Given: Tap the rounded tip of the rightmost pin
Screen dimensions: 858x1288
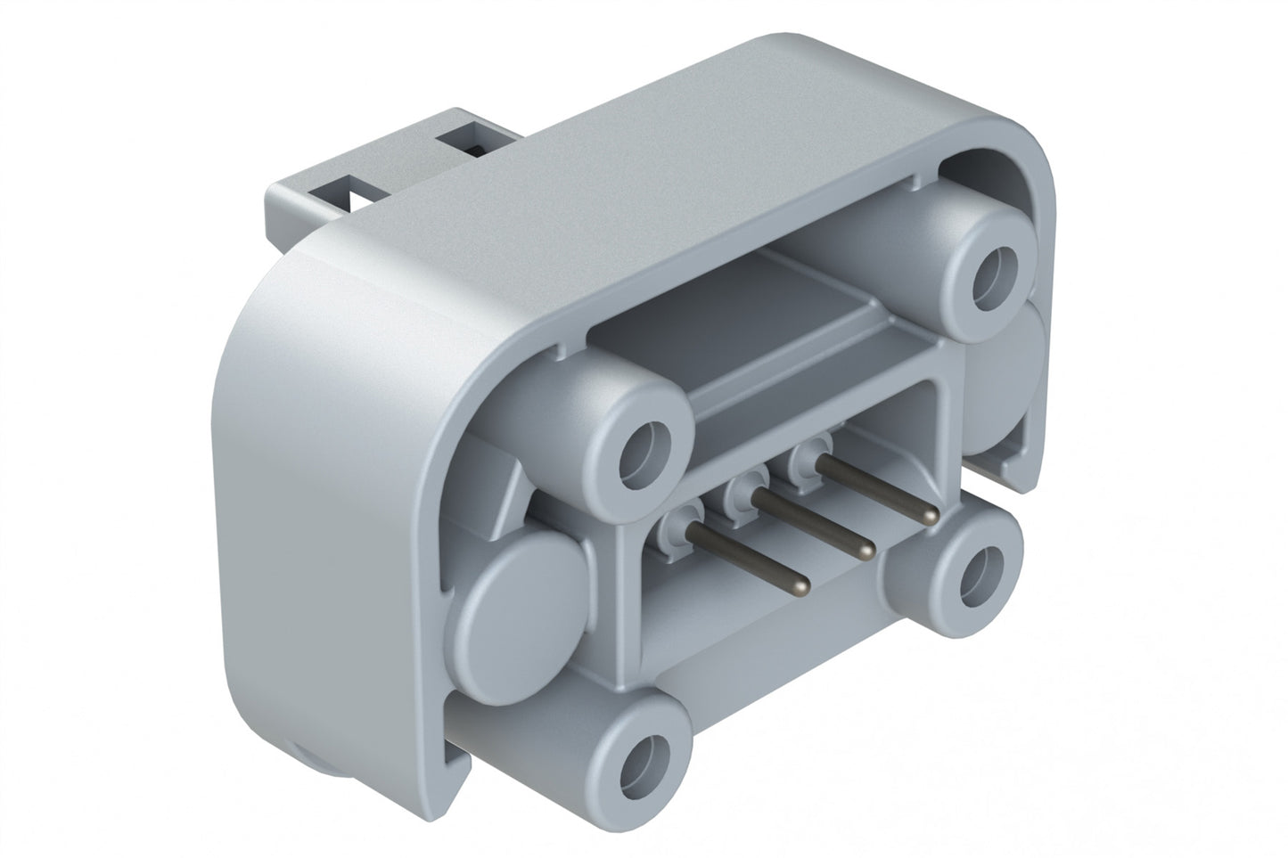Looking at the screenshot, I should point(931,515).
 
